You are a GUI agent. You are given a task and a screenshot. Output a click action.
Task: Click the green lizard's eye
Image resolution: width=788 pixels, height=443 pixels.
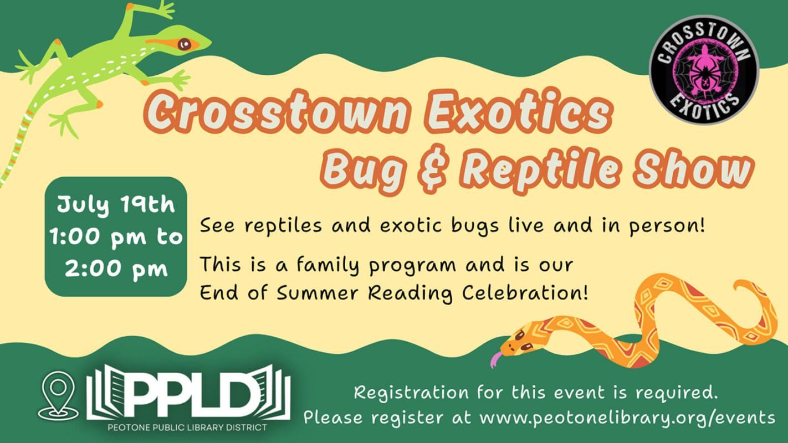[x=185, y=44]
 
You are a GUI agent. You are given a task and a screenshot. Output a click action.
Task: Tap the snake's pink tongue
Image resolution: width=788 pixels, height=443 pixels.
[x=496, y=360]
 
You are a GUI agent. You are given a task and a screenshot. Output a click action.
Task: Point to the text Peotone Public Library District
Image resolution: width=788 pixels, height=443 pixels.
[x=187, y=428]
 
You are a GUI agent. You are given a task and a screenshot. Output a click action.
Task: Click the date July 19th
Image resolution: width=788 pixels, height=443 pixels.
[x=115, y=204]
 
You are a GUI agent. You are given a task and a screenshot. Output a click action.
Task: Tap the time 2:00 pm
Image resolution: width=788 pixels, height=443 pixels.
[x=116, y=269]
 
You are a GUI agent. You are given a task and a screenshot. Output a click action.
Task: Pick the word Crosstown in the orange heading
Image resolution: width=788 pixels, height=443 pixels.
[x=275, y=111]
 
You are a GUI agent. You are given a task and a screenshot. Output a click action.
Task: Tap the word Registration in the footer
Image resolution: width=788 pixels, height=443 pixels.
[x=411, y=393]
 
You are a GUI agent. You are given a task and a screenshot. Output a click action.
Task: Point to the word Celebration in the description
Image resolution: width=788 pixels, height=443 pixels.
[x=525, y=292]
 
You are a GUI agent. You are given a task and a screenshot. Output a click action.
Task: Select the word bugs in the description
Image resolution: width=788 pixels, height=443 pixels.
[x=475, y=226]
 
